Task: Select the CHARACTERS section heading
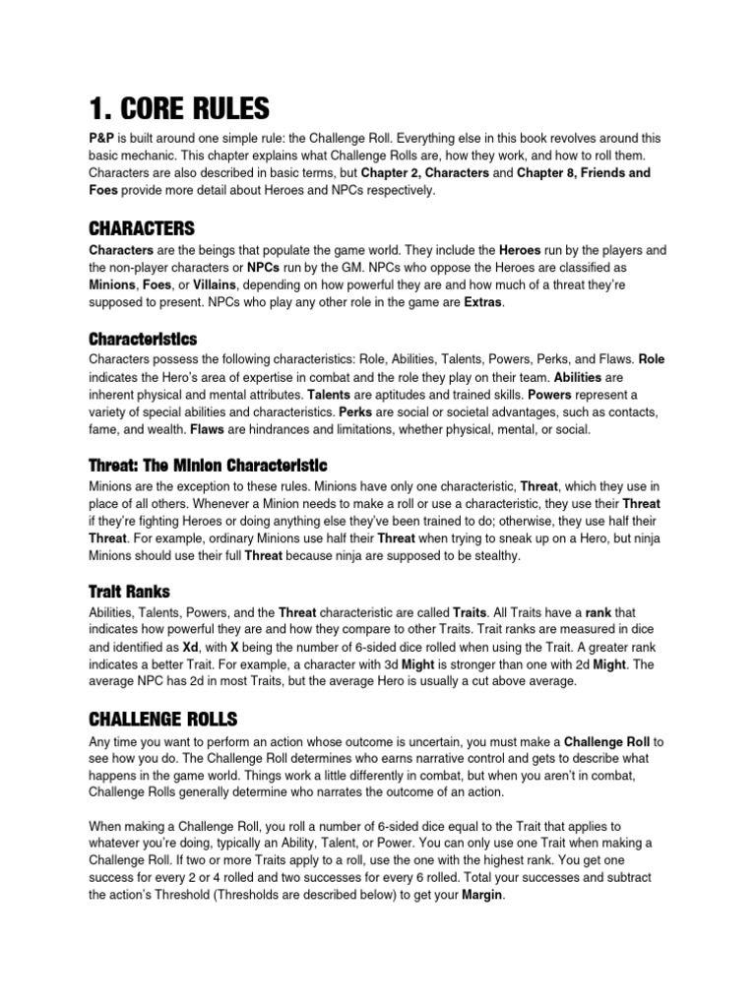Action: pyautogui.click(x=142, y=228)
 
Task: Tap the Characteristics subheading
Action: pyautogui.click(x=142, y=339)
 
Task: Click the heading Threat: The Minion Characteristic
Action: pyautogui.click(x=208, y=465)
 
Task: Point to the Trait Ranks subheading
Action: pyautogui.click(x=129, y=591)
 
